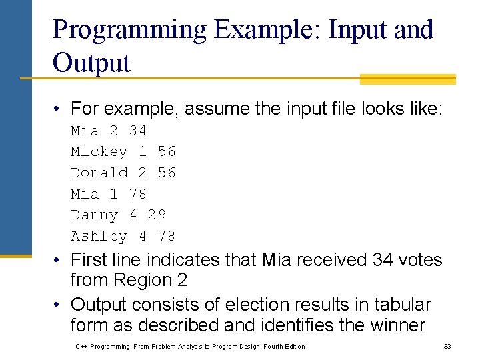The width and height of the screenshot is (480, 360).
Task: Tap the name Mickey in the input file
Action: tap(99, 151)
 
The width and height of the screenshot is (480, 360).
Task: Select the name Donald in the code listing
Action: tap(99, 173)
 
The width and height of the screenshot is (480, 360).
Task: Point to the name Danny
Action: tap(94, 215)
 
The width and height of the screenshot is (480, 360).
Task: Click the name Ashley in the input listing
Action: tap(99, 236)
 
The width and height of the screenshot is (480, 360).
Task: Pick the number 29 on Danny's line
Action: tap(157, 215)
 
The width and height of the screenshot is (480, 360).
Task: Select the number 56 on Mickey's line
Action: tap(167, 151)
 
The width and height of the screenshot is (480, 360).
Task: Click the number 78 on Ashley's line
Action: tap(167, 236)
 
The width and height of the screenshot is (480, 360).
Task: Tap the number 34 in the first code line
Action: tap(137, 130)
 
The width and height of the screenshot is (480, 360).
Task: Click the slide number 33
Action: tap(447, 346)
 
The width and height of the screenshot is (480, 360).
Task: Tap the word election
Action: tap(266, 305)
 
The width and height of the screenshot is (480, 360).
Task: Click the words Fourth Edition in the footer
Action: tap(283, 346)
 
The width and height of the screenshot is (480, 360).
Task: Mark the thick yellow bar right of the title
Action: tap(407, 79)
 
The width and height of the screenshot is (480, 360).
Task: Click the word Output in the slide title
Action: tap(91, 63)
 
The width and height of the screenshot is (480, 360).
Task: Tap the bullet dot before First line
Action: tap(59, 259)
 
